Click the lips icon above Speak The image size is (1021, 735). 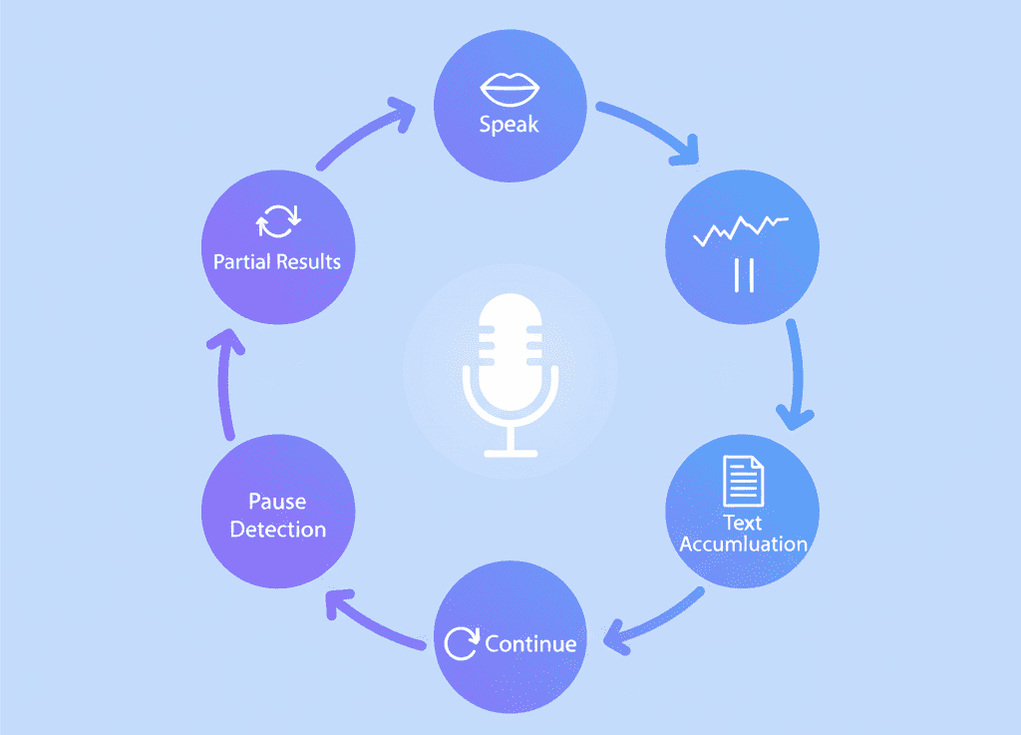tap(510, 89)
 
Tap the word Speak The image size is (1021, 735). tap(510, 124)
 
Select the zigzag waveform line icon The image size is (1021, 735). tap(741, 230)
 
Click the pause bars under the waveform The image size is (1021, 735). tap(744, 274)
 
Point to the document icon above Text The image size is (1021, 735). tap(744, 481)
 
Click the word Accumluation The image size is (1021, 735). tap(744, 544)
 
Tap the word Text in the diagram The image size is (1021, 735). tap(742, 523)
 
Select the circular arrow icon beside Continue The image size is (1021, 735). tap(462, 643)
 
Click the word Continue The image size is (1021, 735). tap(530, 644)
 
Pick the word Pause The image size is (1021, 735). tap(277, 502)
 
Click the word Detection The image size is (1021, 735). tap(278, 530)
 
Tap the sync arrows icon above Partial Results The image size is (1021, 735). tap(278, 221)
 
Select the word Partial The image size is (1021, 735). tap(241, 261)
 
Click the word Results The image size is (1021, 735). tap(309, 261)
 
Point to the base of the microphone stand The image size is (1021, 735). tap(510, 453)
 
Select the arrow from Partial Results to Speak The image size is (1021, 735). tap(361, 131)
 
